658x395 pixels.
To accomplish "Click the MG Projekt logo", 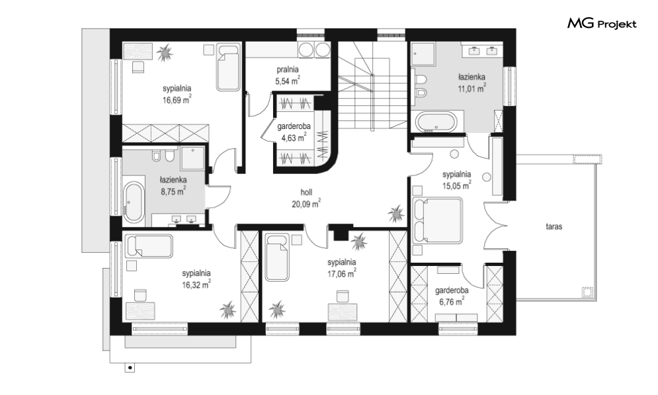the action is (x=602, y=24).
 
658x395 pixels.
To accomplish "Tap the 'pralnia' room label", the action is (x=288, y=69).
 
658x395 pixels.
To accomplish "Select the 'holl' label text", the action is (x=306, y=193).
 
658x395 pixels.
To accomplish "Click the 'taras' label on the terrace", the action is (x=554, y=227).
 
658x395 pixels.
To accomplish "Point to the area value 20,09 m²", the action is (x=306, y=204).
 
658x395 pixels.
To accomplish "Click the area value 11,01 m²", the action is (x=472, y=88).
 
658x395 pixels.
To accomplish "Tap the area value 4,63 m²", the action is (x=294, y=137).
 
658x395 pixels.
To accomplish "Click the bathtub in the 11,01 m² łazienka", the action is (x=435, y=122).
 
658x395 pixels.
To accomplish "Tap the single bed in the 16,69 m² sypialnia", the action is (x=228, y=67).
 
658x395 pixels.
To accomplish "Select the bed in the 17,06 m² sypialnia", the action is (x=277, y=257).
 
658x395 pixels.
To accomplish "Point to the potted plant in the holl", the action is (x=396, y=214).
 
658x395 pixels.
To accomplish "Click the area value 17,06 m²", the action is (x=342, y=274).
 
